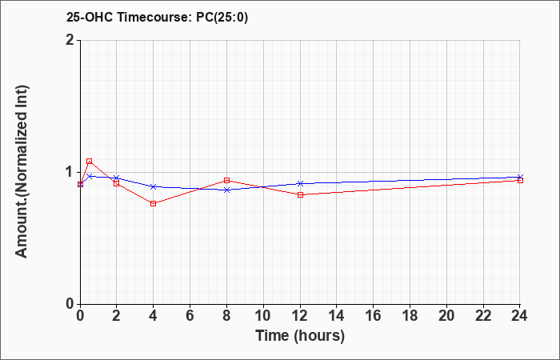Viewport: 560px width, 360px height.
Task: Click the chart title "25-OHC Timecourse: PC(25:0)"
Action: pos(157,17)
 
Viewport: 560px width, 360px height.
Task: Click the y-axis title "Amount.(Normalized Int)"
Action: pos(22,171)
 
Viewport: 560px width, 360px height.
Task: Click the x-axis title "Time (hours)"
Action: pos(300,336)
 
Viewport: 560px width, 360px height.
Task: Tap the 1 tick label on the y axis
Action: pos(71,172)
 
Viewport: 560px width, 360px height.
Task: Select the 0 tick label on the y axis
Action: pos(71,304)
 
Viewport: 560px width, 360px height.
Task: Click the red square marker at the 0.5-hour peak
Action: pos(90,162)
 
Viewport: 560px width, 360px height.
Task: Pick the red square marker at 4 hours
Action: pos(154,203)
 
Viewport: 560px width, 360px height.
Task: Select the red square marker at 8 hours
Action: pos(226,180)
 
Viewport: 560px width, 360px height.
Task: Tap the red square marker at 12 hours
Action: pos(300,194)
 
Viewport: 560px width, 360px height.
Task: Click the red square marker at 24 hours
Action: pos(520,180)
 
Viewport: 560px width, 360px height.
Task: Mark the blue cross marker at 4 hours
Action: pos(154,186)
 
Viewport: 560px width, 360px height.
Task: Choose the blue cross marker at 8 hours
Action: pos(226,190)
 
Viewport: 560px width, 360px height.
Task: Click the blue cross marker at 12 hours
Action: pos(300,183)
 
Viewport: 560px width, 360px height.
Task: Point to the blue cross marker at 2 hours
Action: pos(117,178)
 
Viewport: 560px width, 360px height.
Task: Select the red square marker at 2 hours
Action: pos(117,183)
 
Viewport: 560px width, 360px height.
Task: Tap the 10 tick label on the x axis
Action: pos(263,316)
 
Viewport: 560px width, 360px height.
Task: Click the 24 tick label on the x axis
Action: pos(520,316)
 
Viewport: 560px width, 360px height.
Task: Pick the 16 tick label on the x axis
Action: pos(374,316)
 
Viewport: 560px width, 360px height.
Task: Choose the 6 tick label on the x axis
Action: pos(190,316)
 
